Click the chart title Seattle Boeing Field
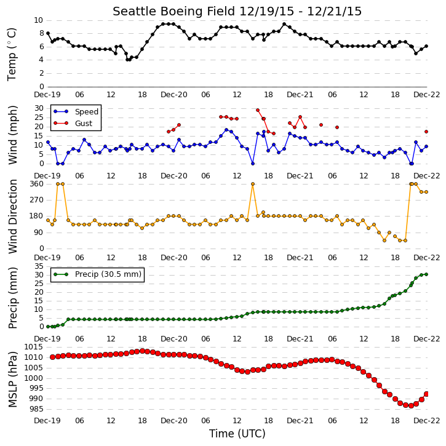(x=173, y=11)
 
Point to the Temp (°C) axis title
(x=12, y=54)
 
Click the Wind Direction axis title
(x=13, y=216)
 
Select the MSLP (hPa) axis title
(x=13, y=380)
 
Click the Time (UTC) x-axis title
(x=237, y=434)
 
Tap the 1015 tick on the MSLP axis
(x=34, y=347)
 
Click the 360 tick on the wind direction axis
(x=37, y=184)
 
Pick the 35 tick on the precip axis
(x=39, y=266)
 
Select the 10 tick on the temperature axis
(x=39, y=20)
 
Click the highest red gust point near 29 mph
(x=258, y=110)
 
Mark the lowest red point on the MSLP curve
(x=411, y=405)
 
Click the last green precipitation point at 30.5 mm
(x=426, y=274)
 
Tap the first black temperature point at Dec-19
(x=48, y=33)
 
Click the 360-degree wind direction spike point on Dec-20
(x=253, y=184)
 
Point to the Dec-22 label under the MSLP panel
(x=427, y=420)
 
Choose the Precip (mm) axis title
(x=13, y=298)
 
